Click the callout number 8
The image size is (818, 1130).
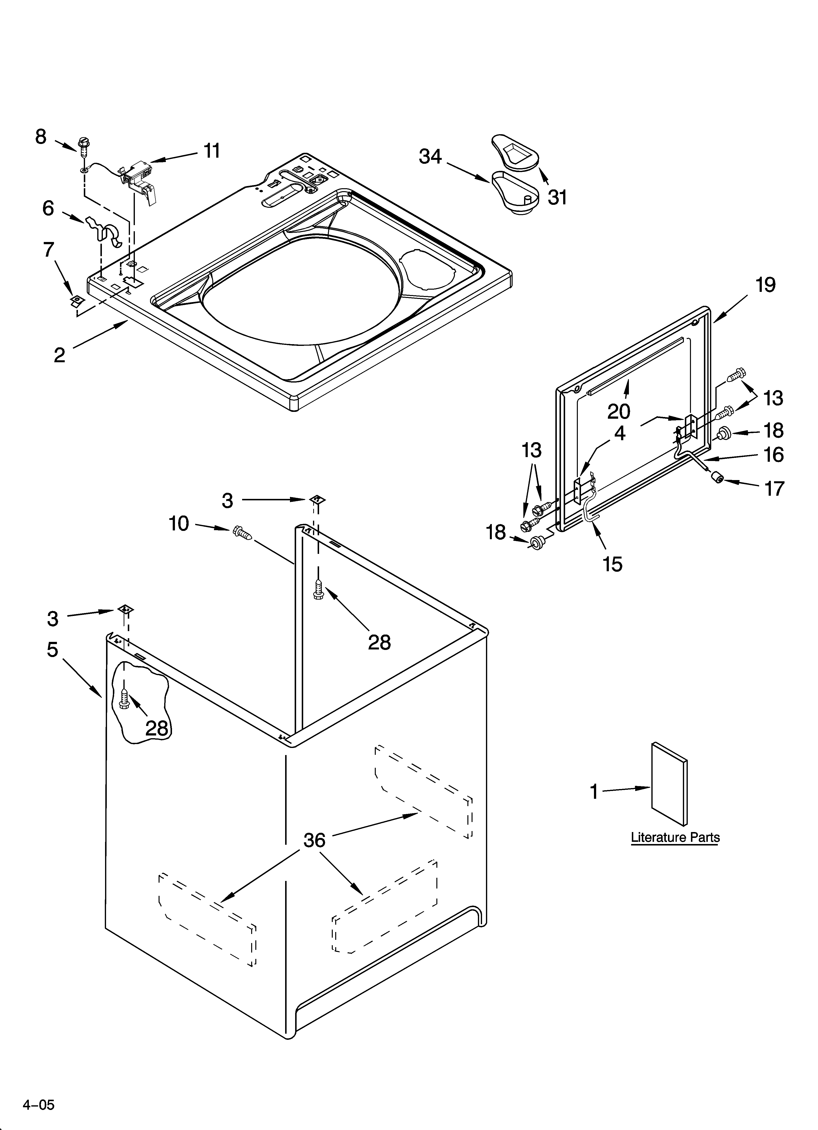pos(41,137)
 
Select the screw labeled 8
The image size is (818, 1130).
pos(83,145)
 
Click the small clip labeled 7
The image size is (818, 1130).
pos(76,300)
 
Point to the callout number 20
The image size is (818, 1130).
pos(618,412)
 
